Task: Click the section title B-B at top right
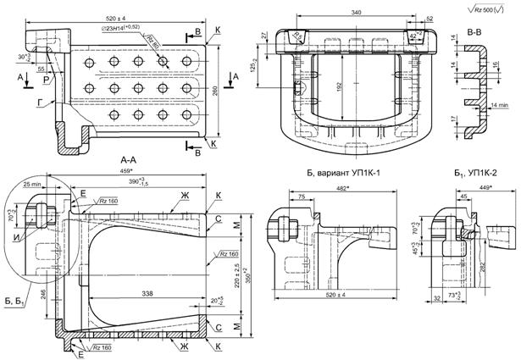point(479,30)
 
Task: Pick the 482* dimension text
point(342,187)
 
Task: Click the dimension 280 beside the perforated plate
point(216,91)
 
